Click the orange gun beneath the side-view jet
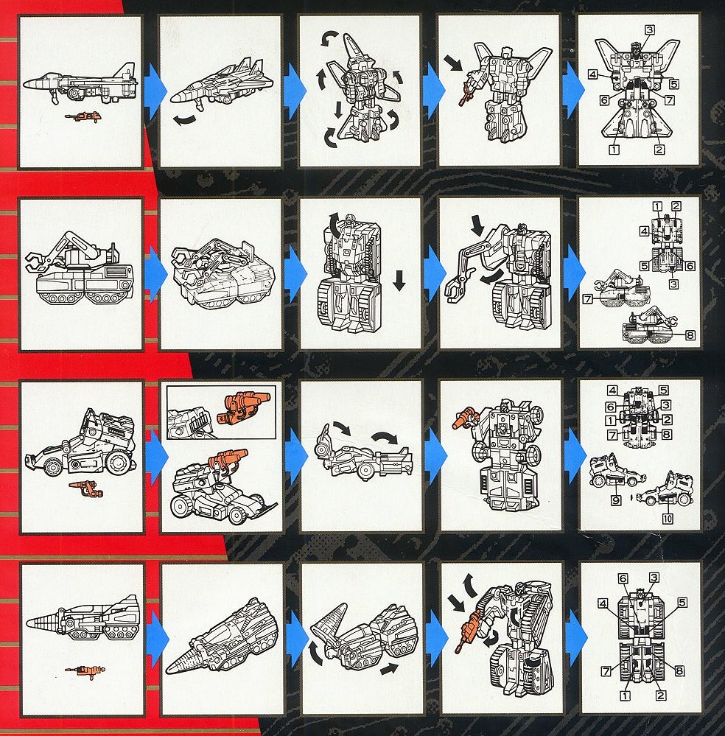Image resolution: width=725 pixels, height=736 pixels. [x=83, y=116]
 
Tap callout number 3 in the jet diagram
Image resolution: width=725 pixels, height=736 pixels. [x=649, y=30]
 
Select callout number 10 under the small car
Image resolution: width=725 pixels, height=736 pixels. [x=668, y=518]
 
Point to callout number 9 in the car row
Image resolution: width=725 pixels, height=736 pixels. [x=616, y=500]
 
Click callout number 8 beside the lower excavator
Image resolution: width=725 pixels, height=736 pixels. [x=690, y=335]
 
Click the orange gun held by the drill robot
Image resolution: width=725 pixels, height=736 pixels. [x=466, y=632]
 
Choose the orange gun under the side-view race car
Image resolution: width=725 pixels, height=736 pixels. [x=86, y=488]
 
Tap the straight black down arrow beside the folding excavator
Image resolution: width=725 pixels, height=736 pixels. [x=399, y=281]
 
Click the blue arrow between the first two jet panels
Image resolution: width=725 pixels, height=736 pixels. [x=155, y=91]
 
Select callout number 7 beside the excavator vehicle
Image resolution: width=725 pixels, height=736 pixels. [x=587, y=298]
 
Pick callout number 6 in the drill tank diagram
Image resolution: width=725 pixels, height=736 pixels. [x=623, y=578]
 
